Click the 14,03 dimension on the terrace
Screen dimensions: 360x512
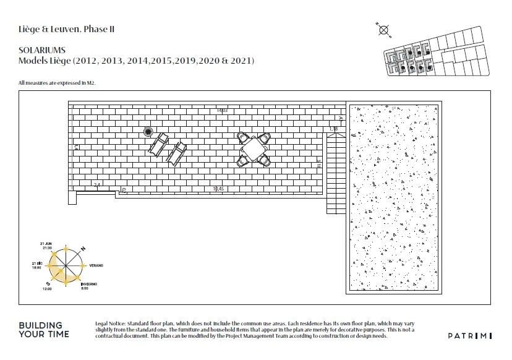coord(222,111)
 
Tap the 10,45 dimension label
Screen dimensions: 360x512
coord(218,188)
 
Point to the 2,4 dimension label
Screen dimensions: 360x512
coord(96,186)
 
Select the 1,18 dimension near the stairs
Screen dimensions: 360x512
coord(333,129)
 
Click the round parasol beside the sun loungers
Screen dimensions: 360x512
coord(148,131)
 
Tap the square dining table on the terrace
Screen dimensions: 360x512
coord(254,148)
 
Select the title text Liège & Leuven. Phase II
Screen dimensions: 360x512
coord(66,29)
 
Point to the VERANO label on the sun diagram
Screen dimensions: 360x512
coord(96,265)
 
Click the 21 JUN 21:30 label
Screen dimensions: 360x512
coord(47,245)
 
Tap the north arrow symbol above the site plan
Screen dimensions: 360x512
coord(383,29)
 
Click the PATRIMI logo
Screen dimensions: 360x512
coord(469,335)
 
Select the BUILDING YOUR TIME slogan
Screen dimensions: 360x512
coord(45,330)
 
